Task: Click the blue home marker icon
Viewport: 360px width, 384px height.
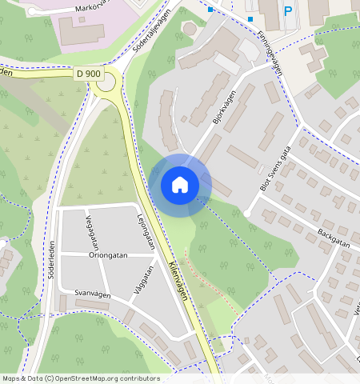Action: [x=180, y=185]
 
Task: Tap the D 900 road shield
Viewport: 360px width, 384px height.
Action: [x=89, y=74]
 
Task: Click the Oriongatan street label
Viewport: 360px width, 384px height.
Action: [x=109, y=256]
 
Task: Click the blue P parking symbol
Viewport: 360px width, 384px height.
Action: [x=288, y=11]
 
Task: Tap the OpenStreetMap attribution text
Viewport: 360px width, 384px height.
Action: [x=80, y=378]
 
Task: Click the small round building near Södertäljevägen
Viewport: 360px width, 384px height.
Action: [x=190, y=29]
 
